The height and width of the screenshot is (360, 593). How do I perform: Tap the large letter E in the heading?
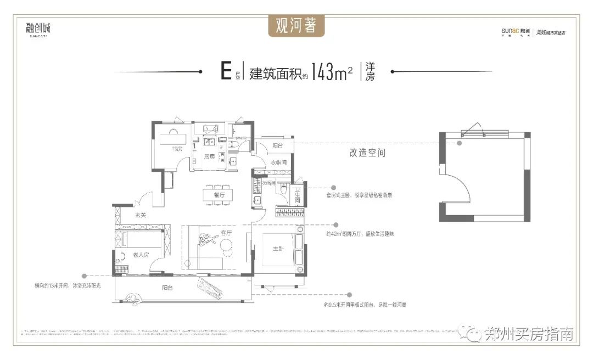point(225,72)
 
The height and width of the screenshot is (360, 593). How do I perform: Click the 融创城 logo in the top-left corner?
point(38,29)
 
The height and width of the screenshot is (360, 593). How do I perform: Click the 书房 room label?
point(176,148)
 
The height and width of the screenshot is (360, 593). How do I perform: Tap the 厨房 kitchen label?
point(209,156)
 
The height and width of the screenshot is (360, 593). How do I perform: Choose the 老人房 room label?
point(141,255)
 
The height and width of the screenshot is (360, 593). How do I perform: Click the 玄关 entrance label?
point(141,215)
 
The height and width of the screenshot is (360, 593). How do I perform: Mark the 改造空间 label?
point(367,153)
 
